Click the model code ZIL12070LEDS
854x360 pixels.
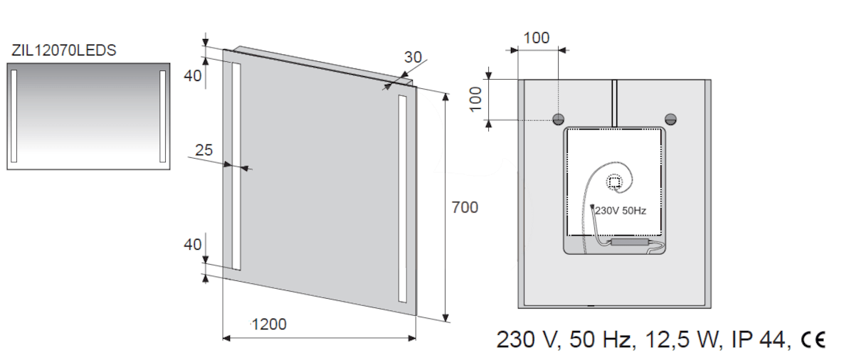point(63,51)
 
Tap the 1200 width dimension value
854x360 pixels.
point(269,324)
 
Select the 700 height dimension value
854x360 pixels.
point(465,207)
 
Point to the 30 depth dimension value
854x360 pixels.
point(413,57)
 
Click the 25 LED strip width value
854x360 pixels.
point(204,149)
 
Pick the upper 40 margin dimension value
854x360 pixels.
point(193,76)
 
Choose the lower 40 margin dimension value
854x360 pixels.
point(193,245)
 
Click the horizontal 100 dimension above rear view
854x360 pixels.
point(537,38)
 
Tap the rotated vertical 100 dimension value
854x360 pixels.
point(476,100)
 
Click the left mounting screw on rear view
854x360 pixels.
point(558,120)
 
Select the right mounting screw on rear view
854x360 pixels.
point(670,120)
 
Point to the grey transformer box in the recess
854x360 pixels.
point(630,241)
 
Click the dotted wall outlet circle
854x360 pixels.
point(614,182)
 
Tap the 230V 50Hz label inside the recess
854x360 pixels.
point(621,211)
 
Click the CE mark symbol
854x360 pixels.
point(813,339)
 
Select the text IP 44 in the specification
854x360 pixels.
point(757,339)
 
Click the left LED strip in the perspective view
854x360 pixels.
point(236,166)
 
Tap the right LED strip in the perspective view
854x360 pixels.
point(403,199)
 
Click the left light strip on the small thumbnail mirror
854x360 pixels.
point(14,116)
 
